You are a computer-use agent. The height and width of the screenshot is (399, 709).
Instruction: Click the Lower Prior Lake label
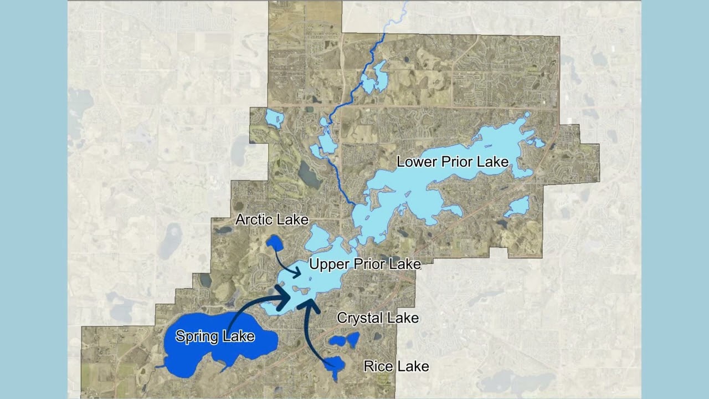tap(453, 162)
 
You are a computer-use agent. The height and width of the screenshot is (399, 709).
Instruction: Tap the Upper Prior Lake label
tap(364, 264)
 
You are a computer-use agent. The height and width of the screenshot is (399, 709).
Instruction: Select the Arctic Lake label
tap(271, 219)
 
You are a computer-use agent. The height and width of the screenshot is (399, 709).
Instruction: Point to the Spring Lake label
tap(215, 336)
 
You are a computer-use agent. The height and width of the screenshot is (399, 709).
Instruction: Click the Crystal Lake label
tap(378, 318)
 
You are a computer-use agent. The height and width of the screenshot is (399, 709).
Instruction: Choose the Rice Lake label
tap(396, 366)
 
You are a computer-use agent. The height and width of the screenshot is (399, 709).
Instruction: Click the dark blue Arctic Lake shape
tap(274, 242)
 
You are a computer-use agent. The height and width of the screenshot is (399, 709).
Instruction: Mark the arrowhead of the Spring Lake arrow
tap(284, 298)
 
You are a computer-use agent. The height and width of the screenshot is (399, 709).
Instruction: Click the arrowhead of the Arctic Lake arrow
tap(297, 272)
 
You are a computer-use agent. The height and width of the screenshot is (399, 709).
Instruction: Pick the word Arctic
tap(254, 219)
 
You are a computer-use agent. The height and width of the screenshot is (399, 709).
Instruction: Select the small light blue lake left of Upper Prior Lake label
tap(318, 238)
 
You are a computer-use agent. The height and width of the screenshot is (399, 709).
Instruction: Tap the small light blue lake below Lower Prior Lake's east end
tap(518, 207)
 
